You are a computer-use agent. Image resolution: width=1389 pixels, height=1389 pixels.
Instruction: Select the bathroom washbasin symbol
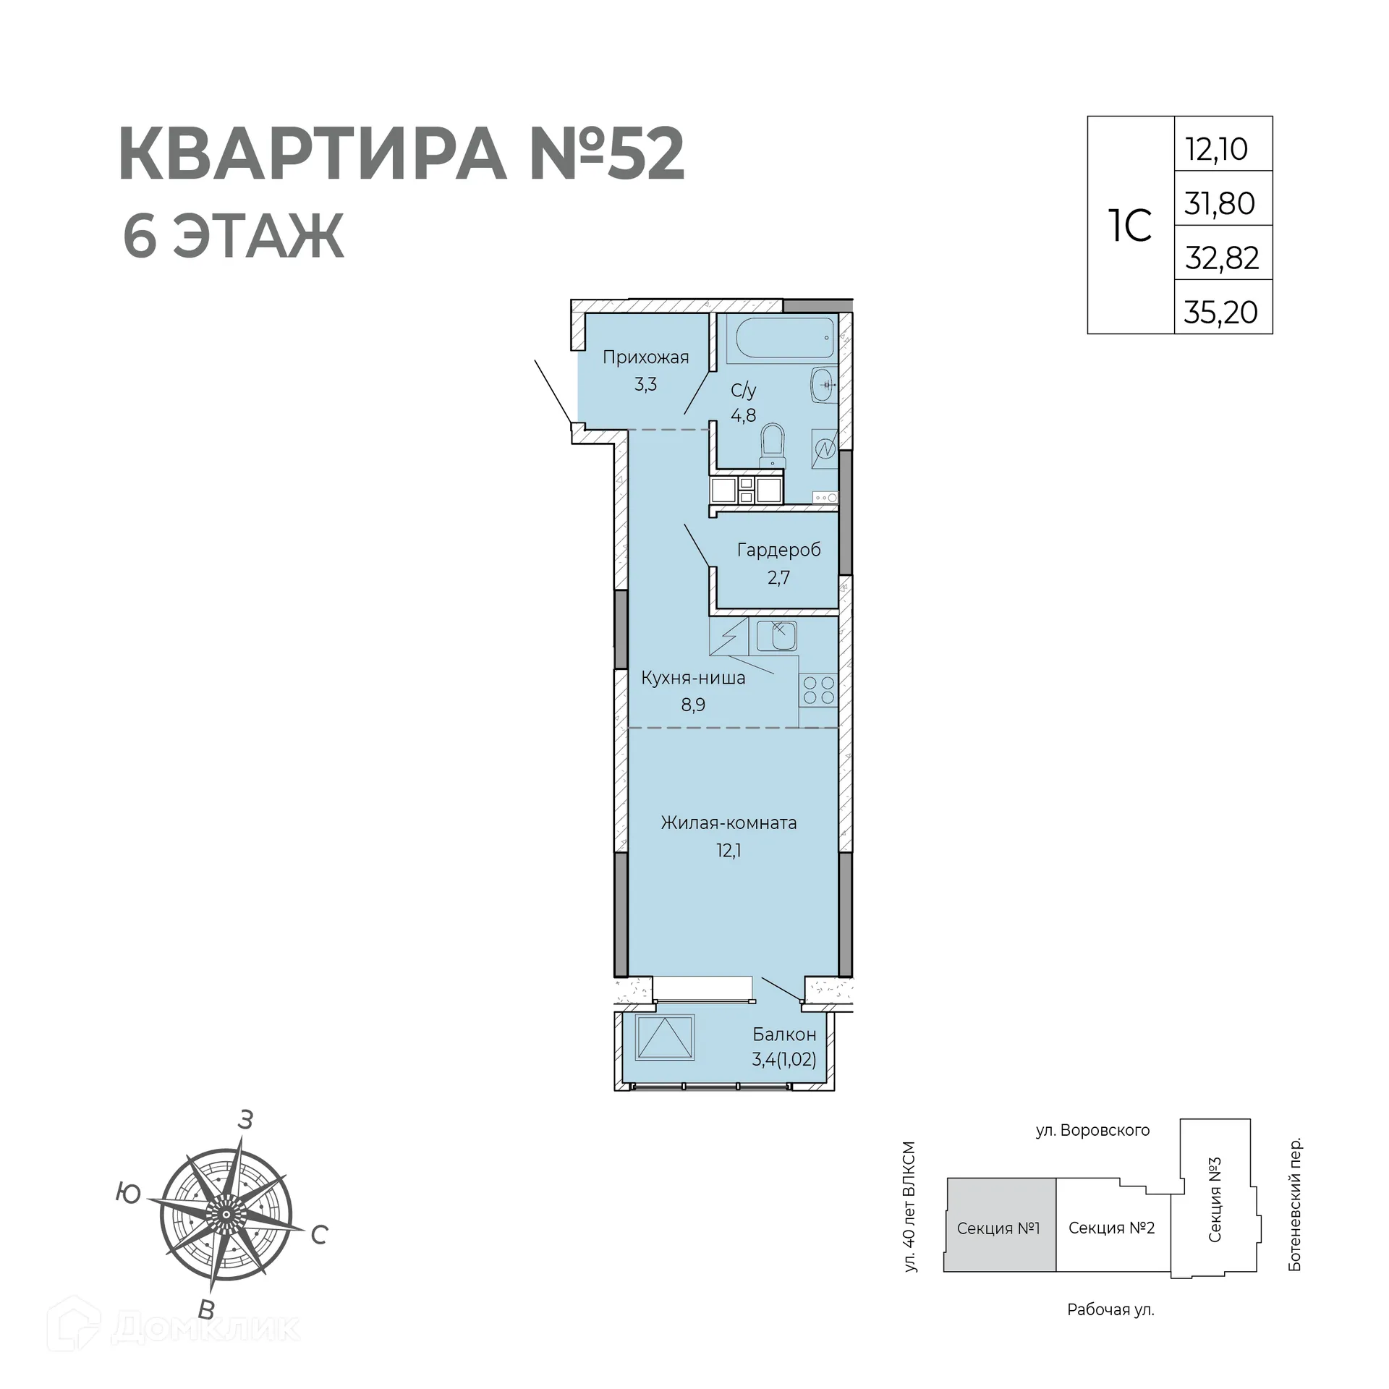823,385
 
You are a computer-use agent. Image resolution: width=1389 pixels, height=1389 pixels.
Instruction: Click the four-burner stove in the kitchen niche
819,689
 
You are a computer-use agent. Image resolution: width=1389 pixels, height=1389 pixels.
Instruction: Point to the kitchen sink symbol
777,636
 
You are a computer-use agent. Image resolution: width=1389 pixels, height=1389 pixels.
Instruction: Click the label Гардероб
778,550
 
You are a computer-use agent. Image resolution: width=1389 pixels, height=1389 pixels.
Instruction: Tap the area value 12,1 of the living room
729,850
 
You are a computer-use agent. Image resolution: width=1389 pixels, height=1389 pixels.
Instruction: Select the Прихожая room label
645,357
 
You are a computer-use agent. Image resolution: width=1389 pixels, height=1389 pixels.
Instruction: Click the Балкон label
784,1034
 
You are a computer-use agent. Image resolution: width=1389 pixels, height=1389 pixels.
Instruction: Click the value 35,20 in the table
1221,313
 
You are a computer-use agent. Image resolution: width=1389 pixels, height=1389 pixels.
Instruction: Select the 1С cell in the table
1130,226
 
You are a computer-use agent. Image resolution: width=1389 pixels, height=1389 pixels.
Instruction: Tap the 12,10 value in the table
1217,149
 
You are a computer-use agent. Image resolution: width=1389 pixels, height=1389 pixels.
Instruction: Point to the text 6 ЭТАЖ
233,237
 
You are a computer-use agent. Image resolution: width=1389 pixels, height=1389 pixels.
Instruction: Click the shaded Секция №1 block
998,1228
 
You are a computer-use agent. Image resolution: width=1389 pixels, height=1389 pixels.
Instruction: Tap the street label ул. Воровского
1092,1130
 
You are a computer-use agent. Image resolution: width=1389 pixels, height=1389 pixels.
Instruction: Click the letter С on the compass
320,1235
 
